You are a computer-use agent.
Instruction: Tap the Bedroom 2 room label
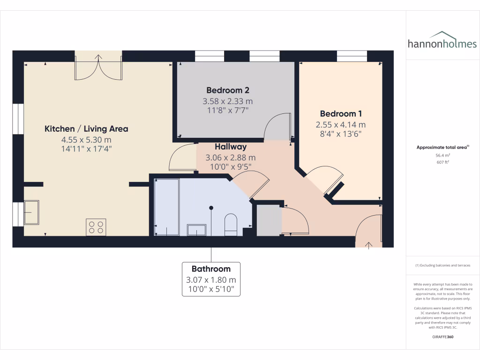tap(227, 90)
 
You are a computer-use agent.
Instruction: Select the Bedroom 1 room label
tap(341, 114)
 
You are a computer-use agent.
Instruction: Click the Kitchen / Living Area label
tap(86, 129)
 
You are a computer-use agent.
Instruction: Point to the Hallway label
tap(231, 147)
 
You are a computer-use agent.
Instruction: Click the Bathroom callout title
tap(211, 269)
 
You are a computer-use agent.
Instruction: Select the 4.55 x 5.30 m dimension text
tap(86, 140)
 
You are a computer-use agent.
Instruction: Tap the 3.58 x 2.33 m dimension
tap(227, 101)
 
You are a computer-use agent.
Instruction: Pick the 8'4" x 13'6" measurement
tap(341, 134)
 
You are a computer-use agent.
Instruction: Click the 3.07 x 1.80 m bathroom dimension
tap(211, 280)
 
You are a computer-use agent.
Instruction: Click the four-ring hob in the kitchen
tap(96, 227)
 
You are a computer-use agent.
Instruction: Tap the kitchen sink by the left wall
tap(31, 212)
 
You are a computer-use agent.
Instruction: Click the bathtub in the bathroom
tap(166, 206)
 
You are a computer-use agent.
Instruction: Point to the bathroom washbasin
tap(197, 229)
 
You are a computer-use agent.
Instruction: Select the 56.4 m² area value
tap(442, 155)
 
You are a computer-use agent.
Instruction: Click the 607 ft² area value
tap(442, 163)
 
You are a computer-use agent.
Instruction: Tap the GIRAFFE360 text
tap(442, 337)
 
